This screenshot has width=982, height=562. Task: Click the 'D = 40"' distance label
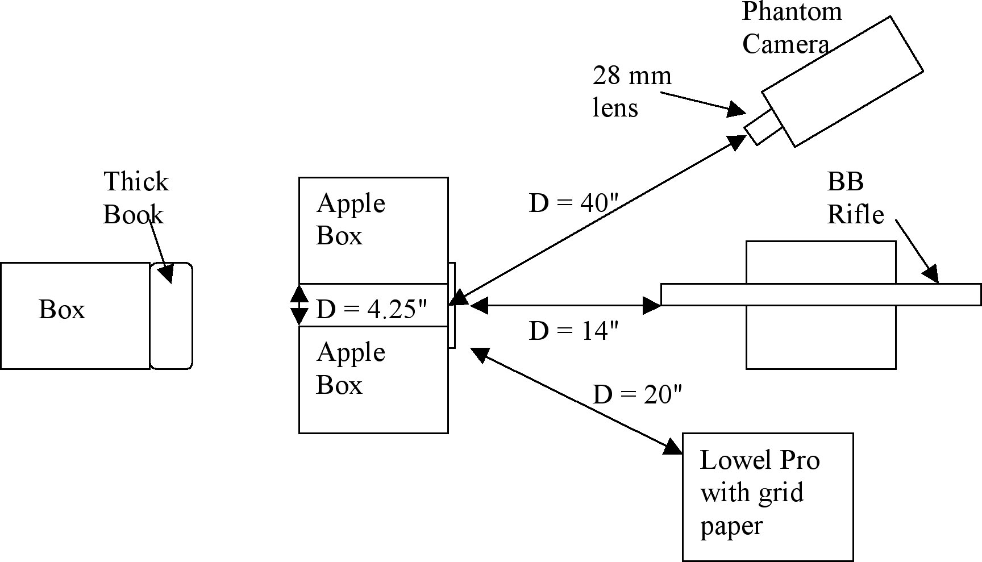coord(573,203)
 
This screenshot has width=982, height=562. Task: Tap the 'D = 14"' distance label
coord(573,331)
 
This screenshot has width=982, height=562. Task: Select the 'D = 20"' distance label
coord(636,394)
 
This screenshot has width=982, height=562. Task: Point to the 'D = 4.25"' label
coord(371,310)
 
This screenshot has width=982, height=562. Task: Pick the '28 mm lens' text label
coord(631,91)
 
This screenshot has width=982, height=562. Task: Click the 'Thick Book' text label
coord(135,198)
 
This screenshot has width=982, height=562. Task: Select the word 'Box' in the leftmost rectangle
coord(61,310)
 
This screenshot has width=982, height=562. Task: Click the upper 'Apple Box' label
coord(351,219)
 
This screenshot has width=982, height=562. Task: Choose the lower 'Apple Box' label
coord(351,368)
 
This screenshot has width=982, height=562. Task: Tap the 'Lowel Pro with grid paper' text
coord(759,492)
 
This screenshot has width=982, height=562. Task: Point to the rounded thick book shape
coord(171,316)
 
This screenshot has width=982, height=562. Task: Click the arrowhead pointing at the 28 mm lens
coord(737,109)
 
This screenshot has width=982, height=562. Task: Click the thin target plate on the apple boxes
coord(452,305)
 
